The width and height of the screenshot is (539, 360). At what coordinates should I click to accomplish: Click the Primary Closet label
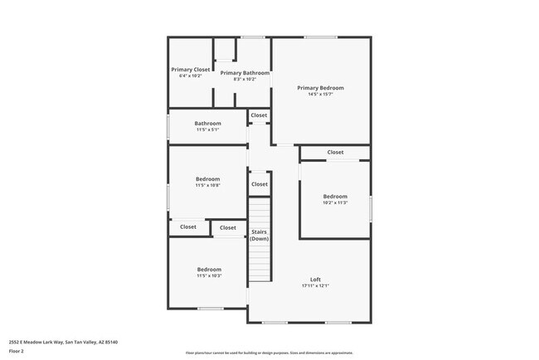(191, 70)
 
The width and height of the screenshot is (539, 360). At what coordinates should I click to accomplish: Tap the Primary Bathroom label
(245, 73)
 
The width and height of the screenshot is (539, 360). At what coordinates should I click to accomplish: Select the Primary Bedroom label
(320, 88)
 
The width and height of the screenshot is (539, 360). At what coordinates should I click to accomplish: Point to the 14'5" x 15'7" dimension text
(320, 95)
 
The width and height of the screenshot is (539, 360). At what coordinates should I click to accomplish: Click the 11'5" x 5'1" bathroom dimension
(207, 130)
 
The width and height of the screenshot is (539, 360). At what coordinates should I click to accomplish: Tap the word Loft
(315, 280)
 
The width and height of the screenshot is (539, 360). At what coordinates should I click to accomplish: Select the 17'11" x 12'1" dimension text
(315, 286)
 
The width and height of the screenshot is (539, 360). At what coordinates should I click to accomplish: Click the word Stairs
(260, 232)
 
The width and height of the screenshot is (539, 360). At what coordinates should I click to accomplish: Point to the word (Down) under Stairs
(260, 239)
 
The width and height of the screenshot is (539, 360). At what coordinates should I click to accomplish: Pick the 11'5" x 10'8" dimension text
(207, 186)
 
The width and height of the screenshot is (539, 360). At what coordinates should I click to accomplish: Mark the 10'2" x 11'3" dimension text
(335, 202)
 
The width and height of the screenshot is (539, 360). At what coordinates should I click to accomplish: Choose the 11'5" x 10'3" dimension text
(208, 275)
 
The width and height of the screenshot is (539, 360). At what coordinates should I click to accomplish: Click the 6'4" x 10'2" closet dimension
(191, 76)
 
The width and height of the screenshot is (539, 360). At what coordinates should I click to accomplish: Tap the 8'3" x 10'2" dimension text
(245, 80)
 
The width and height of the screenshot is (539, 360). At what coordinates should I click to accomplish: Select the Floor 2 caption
(17, 352)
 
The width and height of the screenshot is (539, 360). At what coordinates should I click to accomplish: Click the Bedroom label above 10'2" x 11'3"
(335, 196)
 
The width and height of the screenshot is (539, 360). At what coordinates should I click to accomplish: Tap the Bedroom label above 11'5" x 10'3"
(208, 269)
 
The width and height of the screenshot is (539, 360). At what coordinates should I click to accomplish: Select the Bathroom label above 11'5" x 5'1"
(207, 124)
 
